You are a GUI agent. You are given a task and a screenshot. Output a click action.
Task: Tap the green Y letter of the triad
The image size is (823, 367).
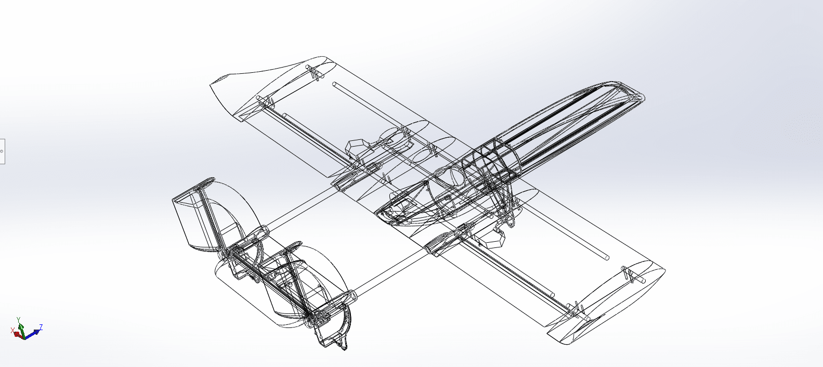pyautogui.click(x=18, y=320)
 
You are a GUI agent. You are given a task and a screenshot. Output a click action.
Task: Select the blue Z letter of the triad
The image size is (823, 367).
pyautogui.click(x=41, y=326)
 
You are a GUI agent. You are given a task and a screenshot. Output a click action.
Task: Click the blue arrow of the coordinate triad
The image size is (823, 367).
pyautogui.click(x=32, y=334)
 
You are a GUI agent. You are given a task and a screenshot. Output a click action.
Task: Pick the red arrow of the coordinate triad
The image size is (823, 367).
pyautogui.click(x=18, y=335)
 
